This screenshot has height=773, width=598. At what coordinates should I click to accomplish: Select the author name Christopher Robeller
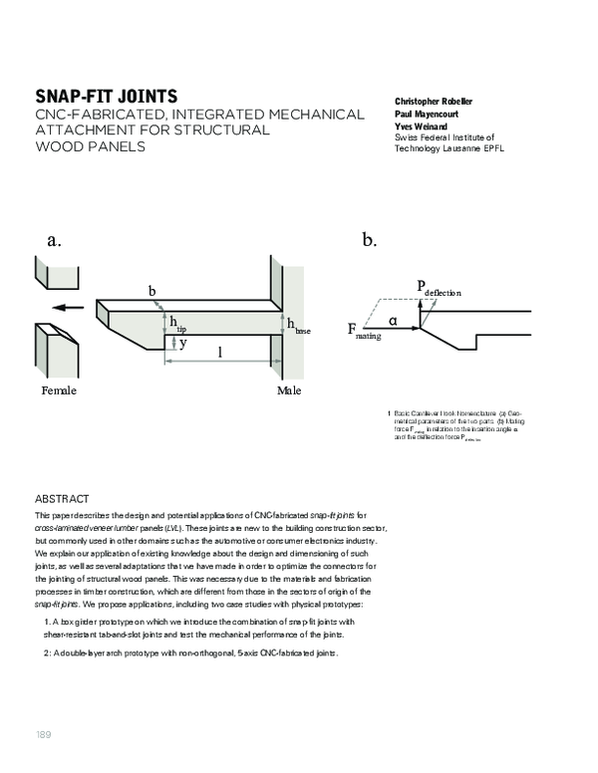[435, 102]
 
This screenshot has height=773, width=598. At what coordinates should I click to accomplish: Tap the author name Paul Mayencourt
[425, 115]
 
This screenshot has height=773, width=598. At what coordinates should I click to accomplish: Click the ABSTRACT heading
[62, 498]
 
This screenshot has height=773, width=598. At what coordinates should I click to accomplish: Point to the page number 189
[43, 735]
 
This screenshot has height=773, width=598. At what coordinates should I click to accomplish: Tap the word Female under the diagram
[59, 390]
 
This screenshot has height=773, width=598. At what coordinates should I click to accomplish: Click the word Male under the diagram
[289, 390]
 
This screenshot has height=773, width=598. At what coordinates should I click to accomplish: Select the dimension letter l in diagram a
[220, 352]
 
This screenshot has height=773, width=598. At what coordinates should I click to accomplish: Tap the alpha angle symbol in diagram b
[393, 321]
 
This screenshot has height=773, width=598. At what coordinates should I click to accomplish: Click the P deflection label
[438, 289]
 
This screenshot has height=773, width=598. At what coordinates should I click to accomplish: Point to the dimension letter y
[182, 342]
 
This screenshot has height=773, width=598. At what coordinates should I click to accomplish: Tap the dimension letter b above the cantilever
[152, 291]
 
